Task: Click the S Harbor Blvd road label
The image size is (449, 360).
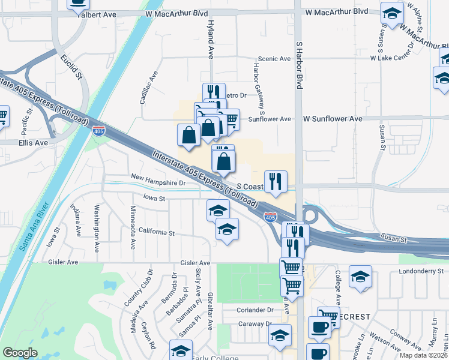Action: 298,65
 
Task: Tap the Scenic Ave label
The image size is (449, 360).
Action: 274,59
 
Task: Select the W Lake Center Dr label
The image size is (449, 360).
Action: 394,58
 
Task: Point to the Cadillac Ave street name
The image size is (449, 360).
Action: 148,88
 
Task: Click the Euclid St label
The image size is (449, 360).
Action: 71,67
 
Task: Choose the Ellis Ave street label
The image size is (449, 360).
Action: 33,143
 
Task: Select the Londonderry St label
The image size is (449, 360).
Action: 420,271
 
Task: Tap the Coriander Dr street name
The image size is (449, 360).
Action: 255,310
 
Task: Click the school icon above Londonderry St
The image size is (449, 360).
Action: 360,276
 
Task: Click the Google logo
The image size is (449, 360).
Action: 20,353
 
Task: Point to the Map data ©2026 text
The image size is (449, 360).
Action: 423,355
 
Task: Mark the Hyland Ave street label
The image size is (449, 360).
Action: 211,45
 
